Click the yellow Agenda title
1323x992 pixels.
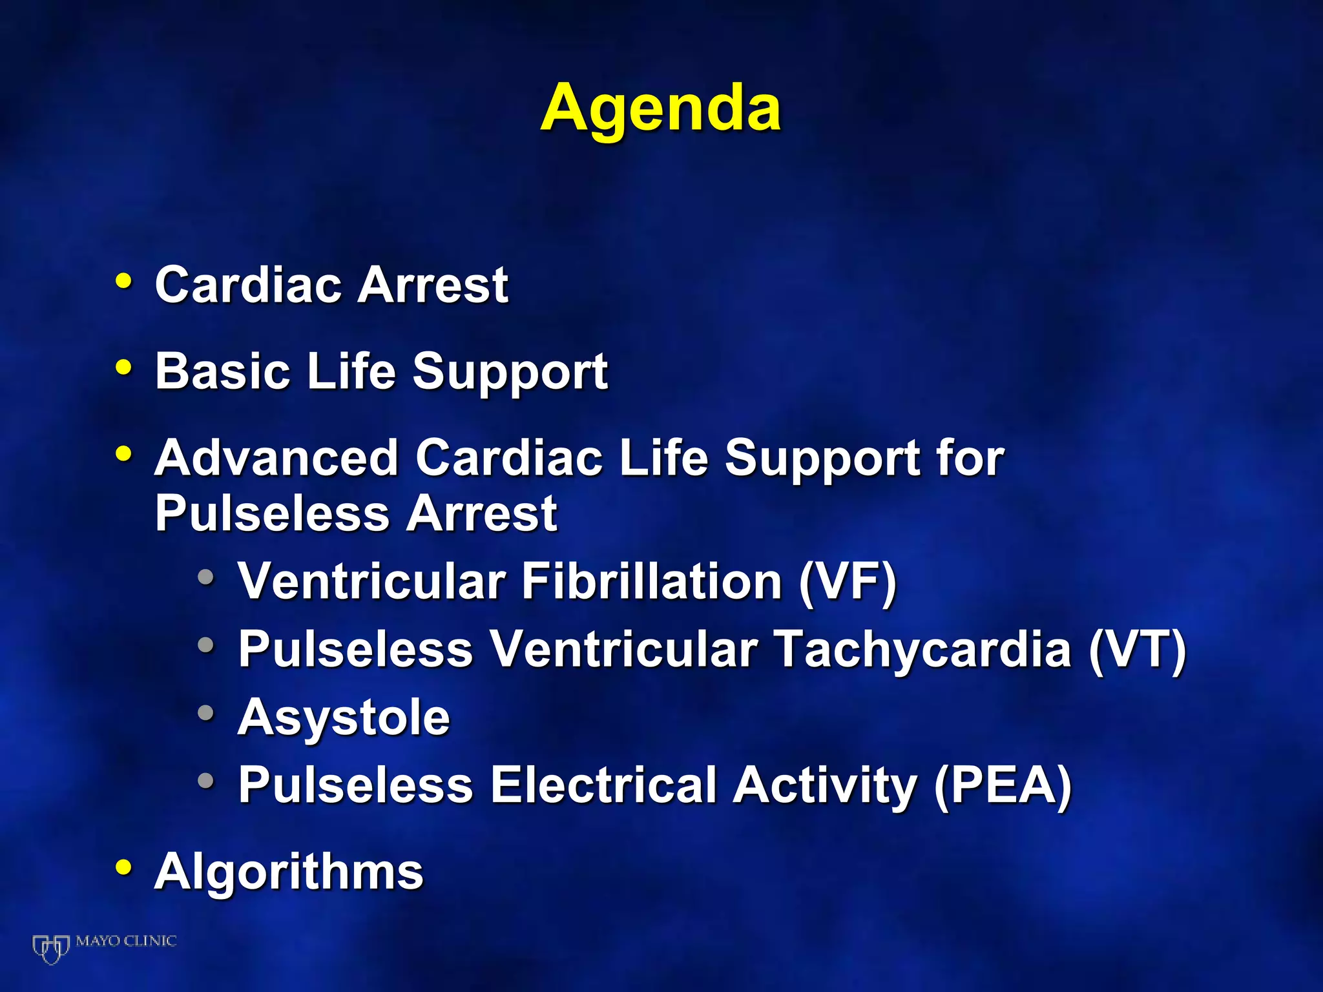[660, 108]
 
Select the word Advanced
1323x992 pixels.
[276, 457]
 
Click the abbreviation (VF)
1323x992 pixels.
[848, 581]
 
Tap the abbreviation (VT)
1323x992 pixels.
[1138, 649]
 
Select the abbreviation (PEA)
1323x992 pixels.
[1003, 785]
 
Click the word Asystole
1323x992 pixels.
[344, 717]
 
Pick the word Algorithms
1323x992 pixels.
[289, 871]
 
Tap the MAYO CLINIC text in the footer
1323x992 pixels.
[126, 941]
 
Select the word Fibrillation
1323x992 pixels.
[652, 581]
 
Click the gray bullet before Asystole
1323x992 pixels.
[206, 712]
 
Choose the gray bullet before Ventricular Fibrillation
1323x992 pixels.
[206, 576]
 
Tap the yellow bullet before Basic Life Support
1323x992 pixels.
[123, 367]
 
